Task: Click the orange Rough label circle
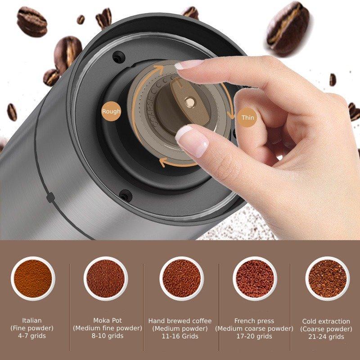[x=111, y=111]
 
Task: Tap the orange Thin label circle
[x=247, y=117]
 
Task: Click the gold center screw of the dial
[x=190, y=102]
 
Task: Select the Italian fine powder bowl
[x=33, y=279]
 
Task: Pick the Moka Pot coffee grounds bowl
[x=106, y=279]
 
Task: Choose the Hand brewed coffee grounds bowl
[x=181, y=279]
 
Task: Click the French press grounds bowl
[x=255, y=279]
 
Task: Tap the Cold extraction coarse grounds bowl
[x=328, y=279]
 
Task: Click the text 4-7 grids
[x=32, y=336]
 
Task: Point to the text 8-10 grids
[x=108, y=336]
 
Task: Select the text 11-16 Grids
[x=180, y=336]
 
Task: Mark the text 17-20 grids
[x=254, y=336]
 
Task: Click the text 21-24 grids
[x=326, y=337]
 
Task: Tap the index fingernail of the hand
[x=188, y=64]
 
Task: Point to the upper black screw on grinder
[x=119, y=58]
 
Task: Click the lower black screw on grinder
[x=126, y=196]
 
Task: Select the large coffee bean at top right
[x=288, y=29]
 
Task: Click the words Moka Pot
[x=108, y=320]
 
